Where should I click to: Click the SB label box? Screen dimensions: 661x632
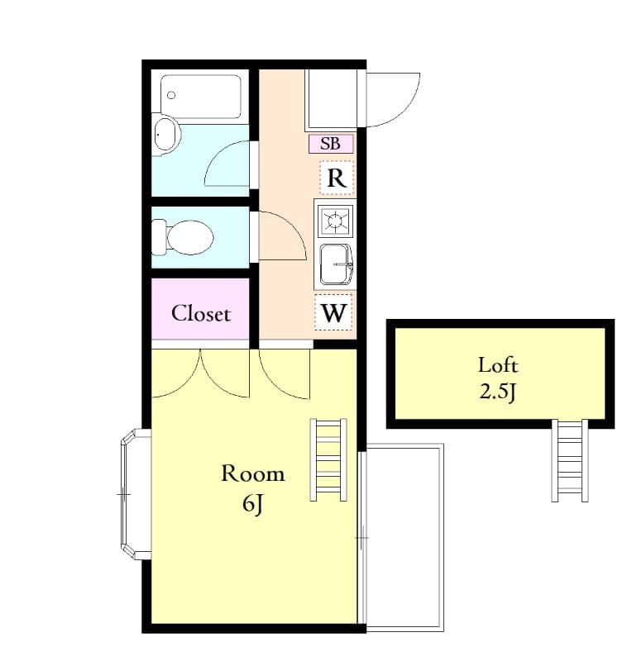point(331,144)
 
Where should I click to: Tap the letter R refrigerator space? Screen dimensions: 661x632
point(336,178)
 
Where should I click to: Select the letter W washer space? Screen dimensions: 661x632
point(334,313)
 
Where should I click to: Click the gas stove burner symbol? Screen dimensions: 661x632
point(335,221)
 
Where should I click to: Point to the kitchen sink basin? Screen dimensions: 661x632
point(335,264)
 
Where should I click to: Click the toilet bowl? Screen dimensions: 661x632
point(189,237)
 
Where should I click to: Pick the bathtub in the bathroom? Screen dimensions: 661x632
point(201,97)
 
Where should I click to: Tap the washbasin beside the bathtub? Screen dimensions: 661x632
point(167,134)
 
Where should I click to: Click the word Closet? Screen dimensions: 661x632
point(201,314)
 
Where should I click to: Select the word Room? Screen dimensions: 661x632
point(252,473)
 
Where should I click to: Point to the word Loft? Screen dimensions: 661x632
point(498,364)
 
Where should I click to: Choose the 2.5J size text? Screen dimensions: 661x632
point(498,392)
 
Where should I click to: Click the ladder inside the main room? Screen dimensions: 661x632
point(328,460)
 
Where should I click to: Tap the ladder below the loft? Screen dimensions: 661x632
point(570,460)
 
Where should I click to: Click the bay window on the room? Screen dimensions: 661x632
point(133,494)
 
